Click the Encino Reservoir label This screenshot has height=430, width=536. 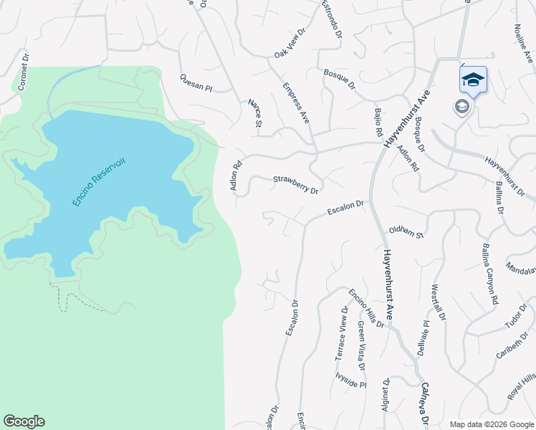99,183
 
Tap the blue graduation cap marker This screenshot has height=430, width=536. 473,79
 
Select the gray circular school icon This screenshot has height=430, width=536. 462,107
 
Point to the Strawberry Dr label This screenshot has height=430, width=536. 295,185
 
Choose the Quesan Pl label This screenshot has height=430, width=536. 196,83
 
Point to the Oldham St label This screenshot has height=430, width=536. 406,231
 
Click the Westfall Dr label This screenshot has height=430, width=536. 439,302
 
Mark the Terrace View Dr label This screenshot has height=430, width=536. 343,333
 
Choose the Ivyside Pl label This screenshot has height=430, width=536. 350,378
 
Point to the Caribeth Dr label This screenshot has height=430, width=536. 511,346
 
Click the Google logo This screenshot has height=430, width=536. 24,421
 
